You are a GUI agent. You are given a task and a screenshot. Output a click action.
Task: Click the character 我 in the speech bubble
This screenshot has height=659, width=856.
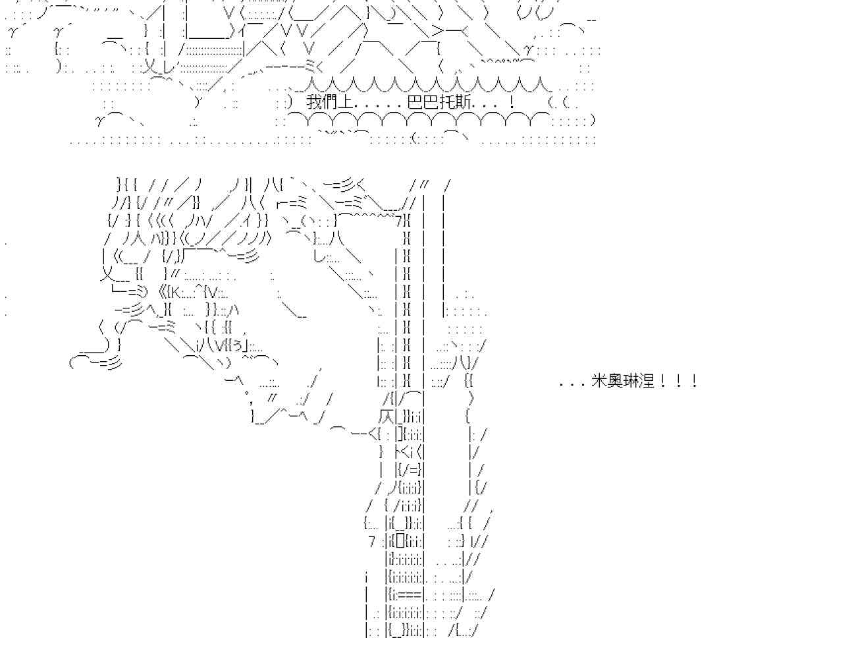coord(314,103)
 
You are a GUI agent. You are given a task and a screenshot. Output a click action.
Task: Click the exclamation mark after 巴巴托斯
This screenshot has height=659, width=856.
coord(511,103)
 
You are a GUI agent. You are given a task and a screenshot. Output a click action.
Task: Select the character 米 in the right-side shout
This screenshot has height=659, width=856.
coord(599,381)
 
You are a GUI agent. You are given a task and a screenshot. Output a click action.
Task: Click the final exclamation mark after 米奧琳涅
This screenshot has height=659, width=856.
coord(694,381)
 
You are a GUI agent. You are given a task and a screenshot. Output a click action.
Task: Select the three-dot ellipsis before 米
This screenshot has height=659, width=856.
coord(574,385)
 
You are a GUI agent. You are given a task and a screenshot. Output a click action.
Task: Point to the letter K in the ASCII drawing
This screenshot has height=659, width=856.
coord(176,293)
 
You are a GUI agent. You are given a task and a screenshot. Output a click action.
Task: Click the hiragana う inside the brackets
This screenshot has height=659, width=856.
coord(237,346)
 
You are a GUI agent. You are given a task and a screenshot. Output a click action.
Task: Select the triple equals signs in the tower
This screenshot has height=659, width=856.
coord(410,594)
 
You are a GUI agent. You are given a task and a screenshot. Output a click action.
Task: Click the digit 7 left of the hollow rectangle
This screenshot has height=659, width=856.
coord(372,542)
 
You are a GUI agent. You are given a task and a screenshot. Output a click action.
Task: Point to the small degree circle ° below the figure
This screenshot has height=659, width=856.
coord(246,393)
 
